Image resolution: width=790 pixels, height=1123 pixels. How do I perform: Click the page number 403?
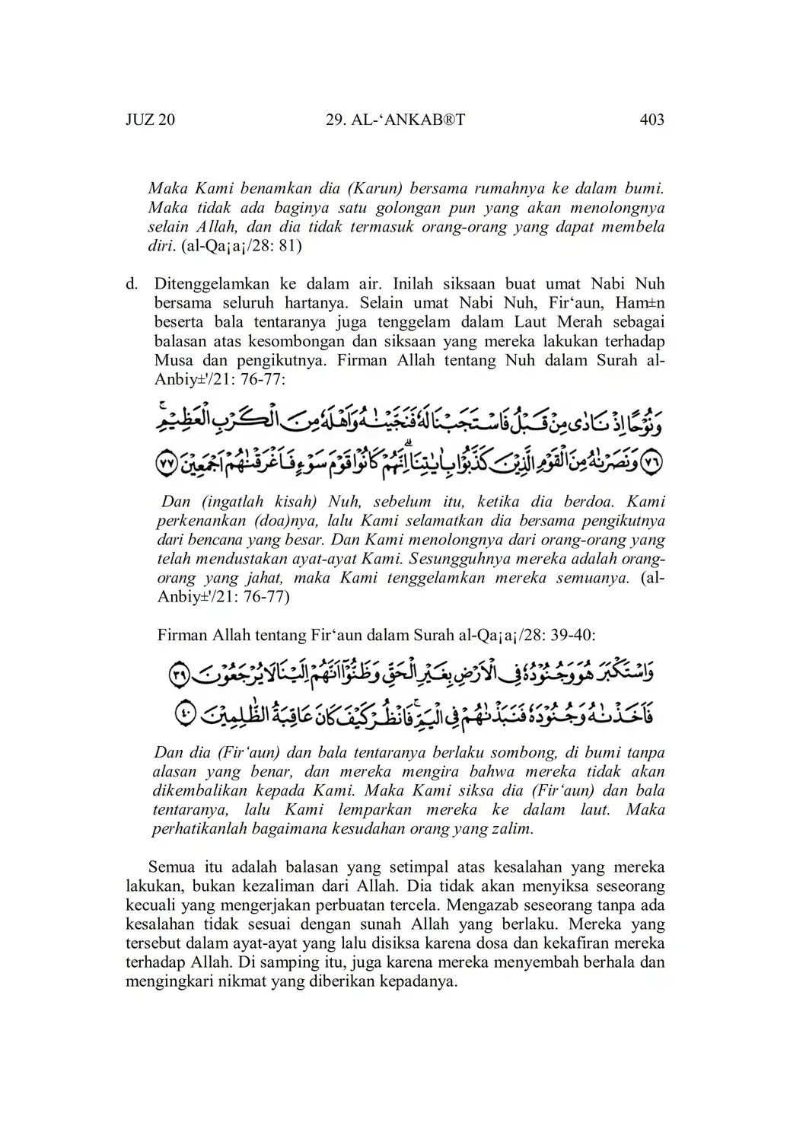tap(652, 120)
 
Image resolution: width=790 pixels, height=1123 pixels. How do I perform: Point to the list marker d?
tap(132, 284)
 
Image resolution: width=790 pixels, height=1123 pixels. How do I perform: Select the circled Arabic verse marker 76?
tap(652, 462)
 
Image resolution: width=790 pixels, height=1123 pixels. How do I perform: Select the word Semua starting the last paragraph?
tap(173, 867)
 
